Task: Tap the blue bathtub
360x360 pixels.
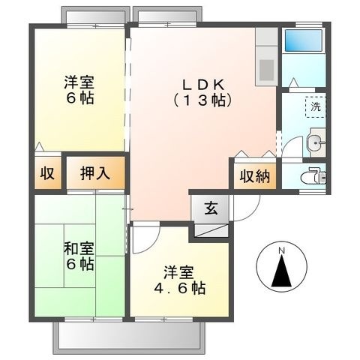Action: (304, 40)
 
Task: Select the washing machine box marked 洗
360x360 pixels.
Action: (316, 107)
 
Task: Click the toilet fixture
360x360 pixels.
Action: (313, 175)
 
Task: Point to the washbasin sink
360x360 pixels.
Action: (316, 143)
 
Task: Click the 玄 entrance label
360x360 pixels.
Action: (211, 208)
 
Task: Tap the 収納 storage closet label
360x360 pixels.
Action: (255, 176)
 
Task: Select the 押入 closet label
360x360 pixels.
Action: (95, 173)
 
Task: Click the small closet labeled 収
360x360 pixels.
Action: (47, 173)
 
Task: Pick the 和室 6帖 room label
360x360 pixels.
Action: (79, 256)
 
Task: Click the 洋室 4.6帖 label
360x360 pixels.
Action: (179, 280)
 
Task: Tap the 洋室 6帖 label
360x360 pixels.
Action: (79, 89)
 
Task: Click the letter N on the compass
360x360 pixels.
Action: (282, 250)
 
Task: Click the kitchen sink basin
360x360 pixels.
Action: (266, 70)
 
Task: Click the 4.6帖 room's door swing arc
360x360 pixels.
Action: (152, 244)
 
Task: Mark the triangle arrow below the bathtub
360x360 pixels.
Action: (293, 82)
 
